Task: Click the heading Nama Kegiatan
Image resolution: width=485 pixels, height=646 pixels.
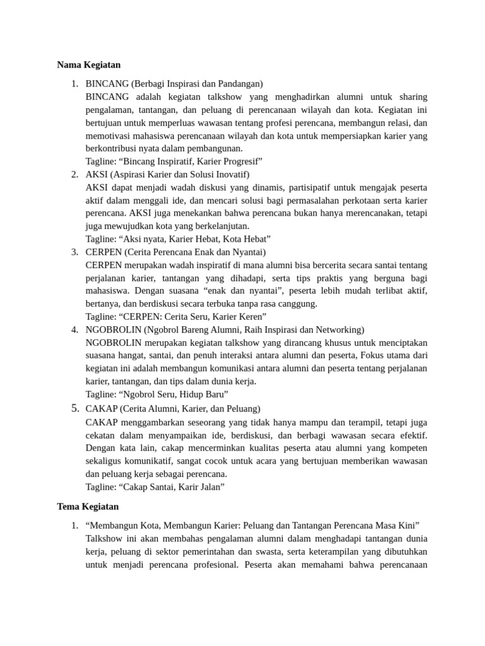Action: coord(88,65)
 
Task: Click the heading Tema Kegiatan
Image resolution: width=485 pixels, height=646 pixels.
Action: coord(88,507)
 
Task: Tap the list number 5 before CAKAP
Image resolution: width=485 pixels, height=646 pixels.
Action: coord(74,409)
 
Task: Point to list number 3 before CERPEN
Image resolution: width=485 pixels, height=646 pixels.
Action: coord(74,252)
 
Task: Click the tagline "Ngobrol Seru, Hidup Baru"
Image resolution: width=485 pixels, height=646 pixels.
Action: coord(157,394)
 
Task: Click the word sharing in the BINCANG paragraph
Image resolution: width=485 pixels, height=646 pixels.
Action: coord(410,97)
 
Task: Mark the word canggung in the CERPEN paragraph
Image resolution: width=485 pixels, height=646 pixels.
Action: coord(299,303)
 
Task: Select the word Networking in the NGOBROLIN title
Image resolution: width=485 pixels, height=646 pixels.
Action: coord(339,329)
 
